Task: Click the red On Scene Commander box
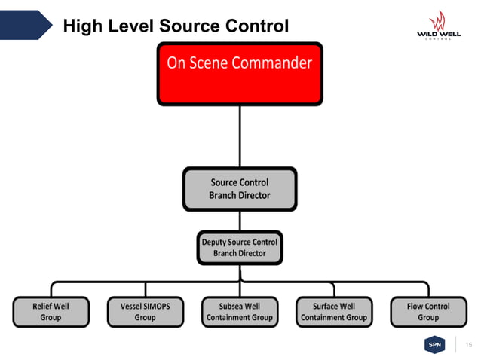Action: click(240, 73)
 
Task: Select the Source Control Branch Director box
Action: click(240, 188)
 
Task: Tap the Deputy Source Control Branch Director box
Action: click(240, 248)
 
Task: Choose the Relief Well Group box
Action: click(51, 312)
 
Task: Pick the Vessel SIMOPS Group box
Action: click(145, 312)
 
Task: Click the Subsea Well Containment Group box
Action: click(240, 312)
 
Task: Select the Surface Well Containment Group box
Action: click(334, 312)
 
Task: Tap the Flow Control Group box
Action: click(427, 312)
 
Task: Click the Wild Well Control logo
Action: click(437, 26)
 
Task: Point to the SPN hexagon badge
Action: click(434, 345)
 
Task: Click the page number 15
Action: click(469, 345)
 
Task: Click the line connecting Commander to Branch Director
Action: click(240, 136)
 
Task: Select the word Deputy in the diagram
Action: click(217, 243)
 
